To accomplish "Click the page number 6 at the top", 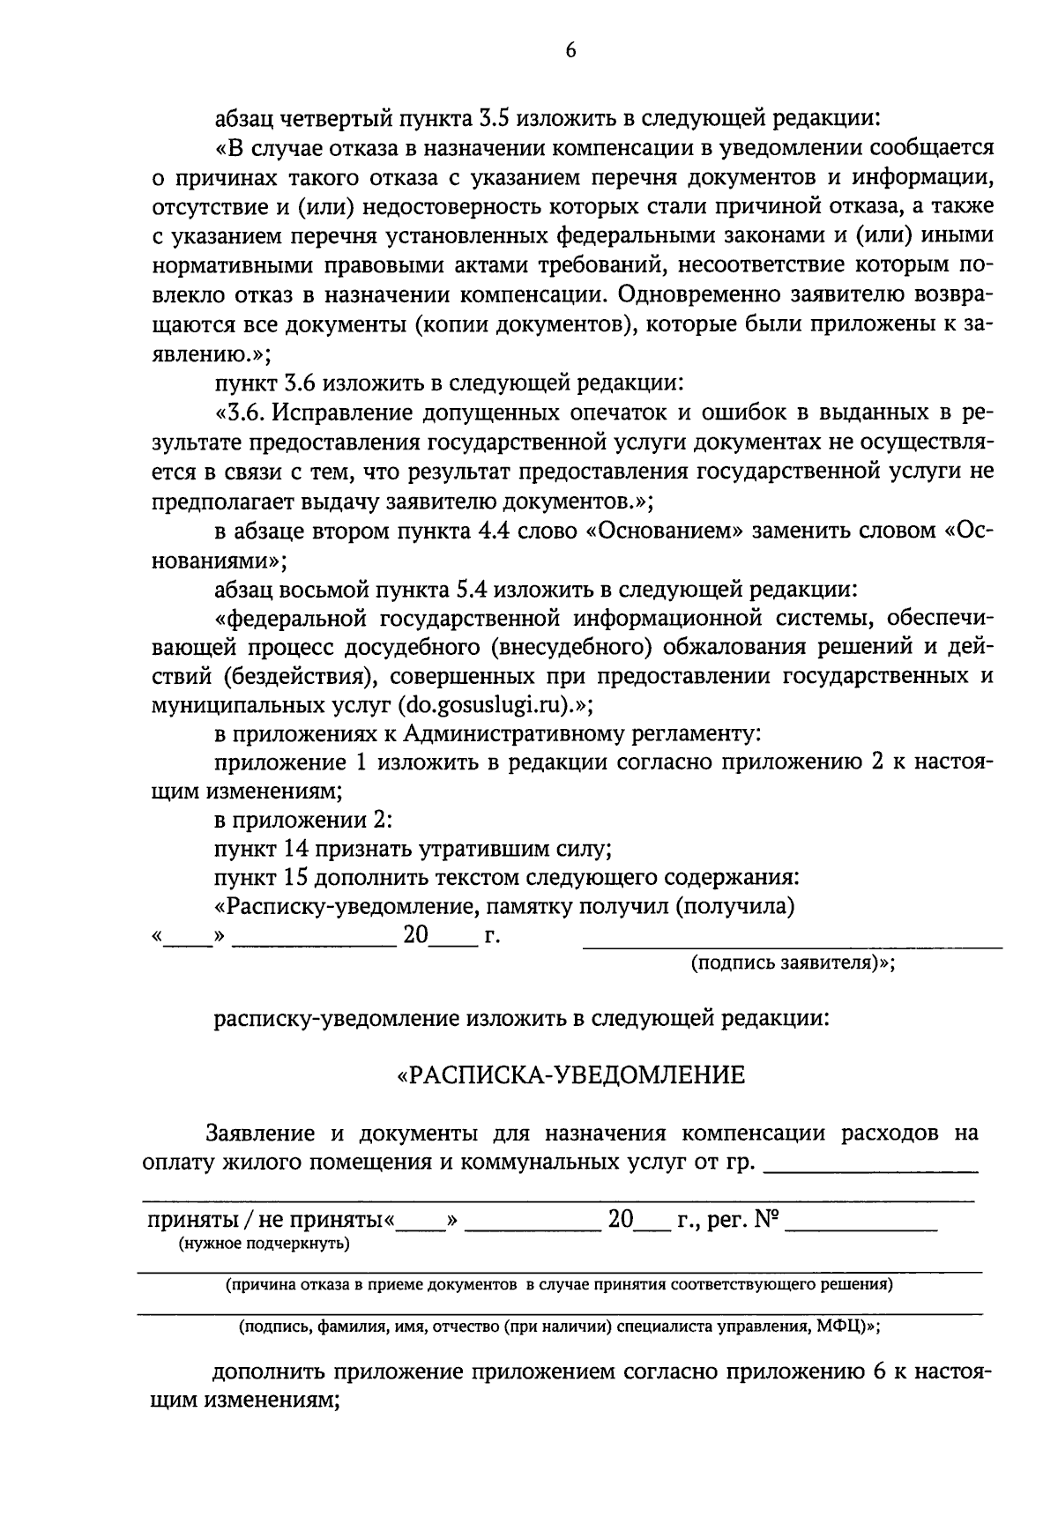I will pos(570,52).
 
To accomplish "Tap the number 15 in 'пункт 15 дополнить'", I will pos(294,879).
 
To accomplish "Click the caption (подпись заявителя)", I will pos(793,962).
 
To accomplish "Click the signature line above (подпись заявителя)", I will pos(793,947).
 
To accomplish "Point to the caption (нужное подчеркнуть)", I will pos(264,1244).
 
